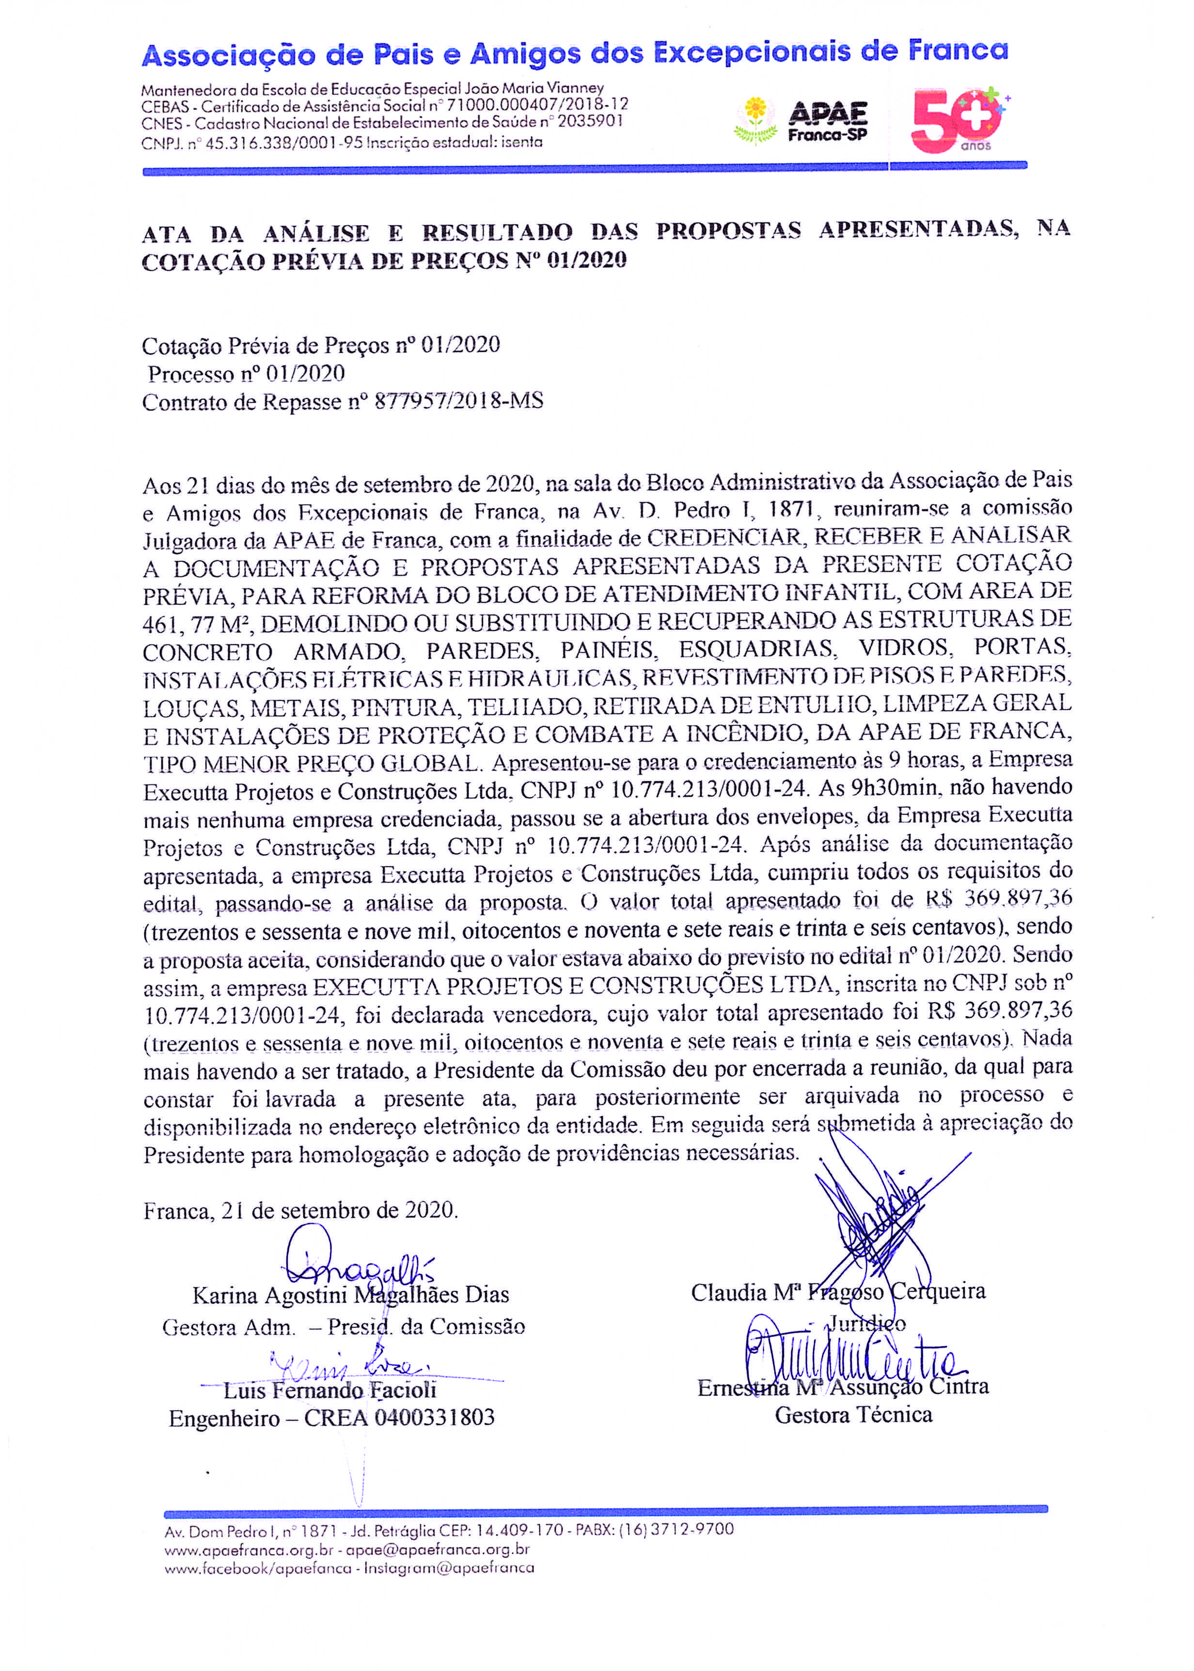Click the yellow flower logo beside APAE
[x=755, y=120]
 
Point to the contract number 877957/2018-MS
[x=459, y=401]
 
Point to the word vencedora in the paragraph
[x=542, y=1015]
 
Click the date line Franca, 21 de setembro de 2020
[x=301, y=1211]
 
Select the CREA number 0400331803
[x=434, y=1418]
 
